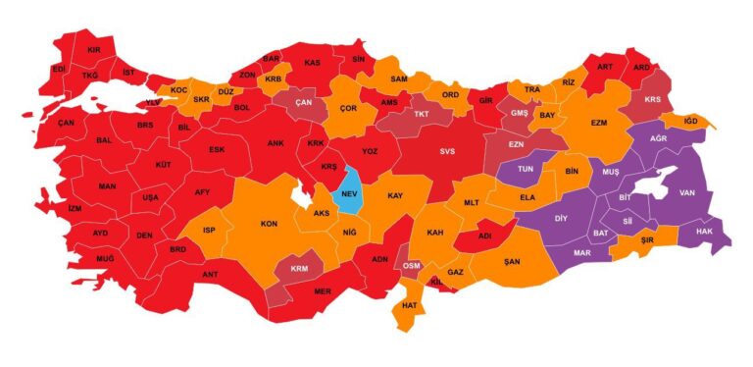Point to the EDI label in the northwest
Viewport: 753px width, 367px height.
tap(59, 70)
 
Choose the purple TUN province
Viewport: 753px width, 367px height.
tap(525, 169)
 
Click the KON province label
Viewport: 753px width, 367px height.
tap(268, 223)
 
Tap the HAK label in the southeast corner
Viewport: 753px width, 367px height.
tap(703, 232)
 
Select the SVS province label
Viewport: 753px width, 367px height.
tap(447, 151)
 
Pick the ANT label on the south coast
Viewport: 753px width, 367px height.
tap(210, 274)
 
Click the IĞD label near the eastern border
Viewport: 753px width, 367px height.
tap(690, 121)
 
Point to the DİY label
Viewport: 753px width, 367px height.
tap(562, 218)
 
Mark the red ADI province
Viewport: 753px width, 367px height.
tap(484, 236)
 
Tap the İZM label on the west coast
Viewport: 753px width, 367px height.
tap(75, 209)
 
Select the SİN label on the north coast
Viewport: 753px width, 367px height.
tap(359, 60)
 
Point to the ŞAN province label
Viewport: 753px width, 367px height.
tap(512, 261)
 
